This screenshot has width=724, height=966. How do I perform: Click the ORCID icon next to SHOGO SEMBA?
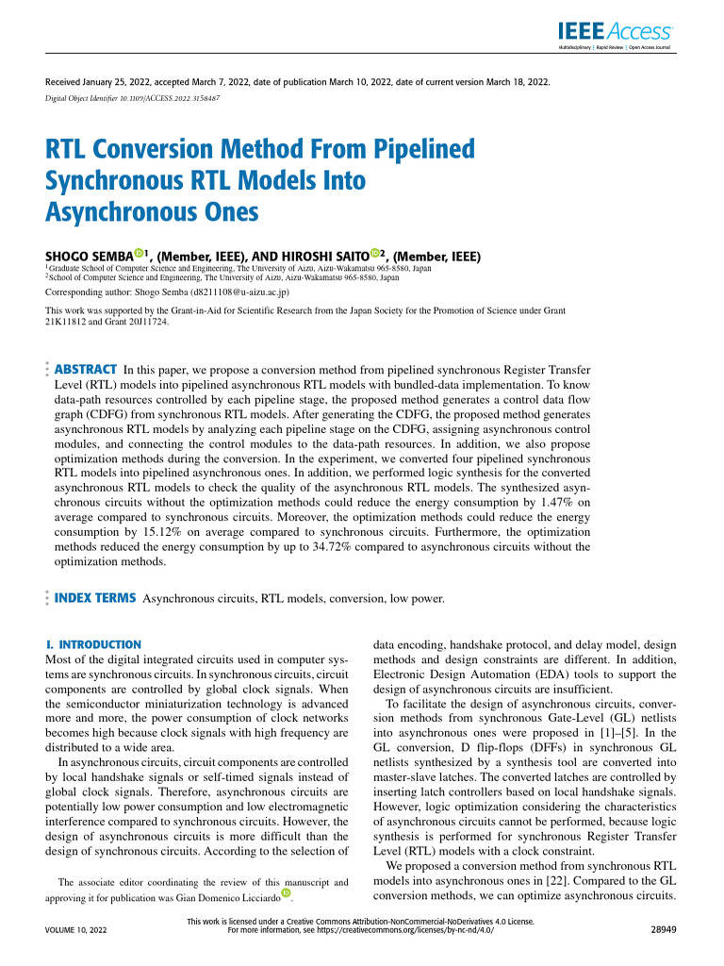click(139, 254)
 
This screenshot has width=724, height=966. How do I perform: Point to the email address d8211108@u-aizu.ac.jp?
click(239, 293)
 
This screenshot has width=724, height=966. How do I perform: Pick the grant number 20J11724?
click(147, 321)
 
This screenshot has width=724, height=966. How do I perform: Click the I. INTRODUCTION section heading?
click(93, 643)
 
